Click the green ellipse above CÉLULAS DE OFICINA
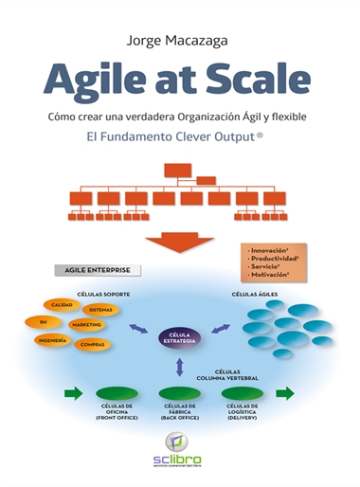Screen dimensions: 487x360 117,391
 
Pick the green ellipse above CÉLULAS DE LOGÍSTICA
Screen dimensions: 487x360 242,391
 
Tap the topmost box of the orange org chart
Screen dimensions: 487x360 178,171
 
